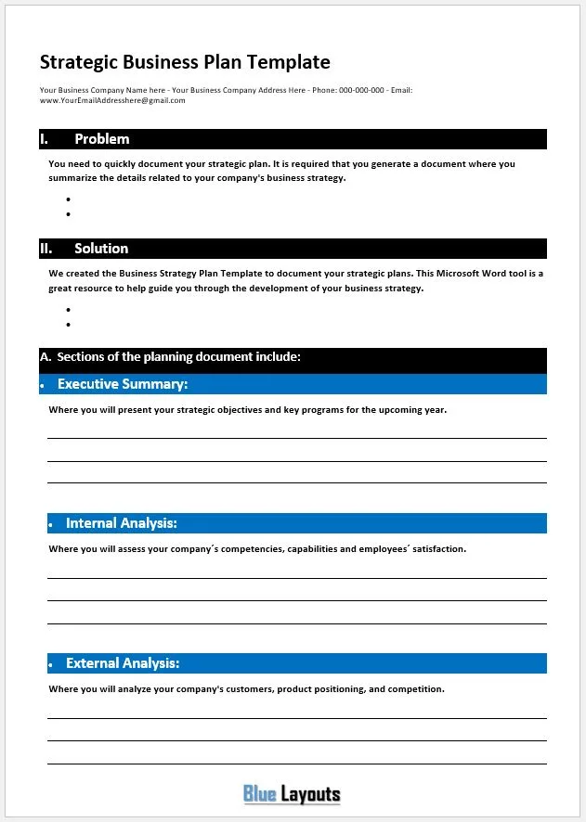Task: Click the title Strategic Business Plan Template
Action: point(185,63)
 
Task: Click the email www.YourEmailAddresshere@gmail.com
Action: point(112,100)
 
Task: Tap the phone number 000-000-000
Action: point(361,90)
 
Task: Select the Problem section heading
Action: point(102,139)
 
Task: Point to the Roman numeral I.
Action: point(44,139)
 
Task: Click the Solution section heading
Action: point(101,249)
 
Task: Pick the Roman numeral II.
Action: point(46,249)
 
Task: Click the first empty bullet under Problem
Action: point(69,199)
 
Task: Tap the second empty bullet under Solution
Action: point(69,325)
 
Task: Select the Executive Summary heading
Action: point(123,384)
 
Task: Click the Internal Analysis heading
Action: point(121,523)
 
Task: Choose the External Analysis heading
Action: point(123,663)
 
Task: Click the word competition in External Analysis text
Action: point(417,689)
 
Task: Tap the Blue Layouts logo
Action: point(292,794)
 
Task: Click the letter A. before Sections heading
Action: point(46,356)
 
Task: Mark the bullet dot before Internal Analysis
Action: point(50,525)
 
